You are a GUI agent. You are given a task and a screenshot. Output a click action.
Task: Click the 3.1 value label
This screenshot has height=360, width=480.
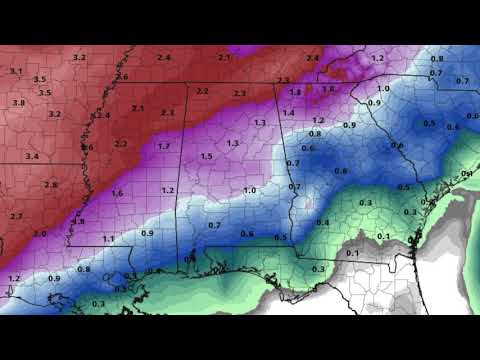(16, 71)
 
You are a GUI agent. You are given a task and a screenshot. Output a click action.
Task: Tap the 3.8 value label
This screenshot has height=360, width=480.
(19, 102)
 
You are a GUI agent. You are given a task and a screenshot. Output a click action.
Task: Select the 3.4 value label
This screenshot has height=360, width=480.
(32, 156)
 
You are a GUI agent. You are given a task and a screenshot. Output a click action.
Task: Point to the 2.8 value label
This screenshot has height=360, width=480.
(51, 185)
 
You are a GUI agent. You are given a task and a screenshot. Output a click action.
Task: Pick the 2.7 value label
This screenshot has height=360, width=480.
(16, 215)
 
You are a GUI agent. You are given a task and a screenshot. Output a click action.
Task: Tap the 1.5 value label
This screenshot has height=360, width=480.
(206, 156)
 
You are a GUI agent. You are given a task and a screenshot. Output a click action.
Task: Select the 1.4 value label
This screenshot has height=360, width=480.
(288, 113)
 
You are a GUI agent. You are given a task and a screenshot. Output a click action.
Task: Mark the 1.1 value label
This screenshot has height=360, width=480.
(108, 239)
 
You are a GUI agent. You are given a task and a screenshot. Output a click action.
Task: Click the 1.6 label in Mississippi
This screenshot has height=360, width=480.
(117, 193)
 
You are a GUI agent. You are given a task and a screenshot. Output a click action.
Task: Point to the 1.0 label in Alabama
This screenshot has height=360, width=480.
(249, 190)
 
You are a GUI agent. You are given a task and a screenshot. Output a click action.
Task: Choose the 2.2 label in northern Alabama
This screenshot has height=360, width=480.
(202, 91)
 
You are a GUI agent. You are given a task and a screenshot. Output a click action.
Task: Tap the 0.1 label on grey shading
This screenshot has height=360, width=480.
(352, 254)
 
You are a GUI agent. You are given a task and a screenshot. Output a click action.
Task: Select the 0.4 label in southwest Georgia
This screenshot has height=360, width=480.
(323, 222)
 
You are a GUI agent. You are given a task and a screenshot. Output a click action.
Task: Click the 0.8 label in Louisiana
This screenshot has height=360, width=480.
(83, 269)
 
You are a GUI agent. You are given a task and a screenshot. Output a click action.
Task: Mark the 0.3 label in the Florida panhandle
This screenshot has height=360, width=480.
(318, 269)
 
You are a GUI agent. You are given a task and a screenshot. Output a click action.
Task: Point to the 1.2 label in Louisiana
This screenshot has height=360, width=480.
(14, 277)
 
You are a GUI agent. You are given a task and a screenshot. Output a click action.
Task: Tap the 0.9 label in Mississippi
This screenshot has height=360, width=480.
(147, 233)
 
